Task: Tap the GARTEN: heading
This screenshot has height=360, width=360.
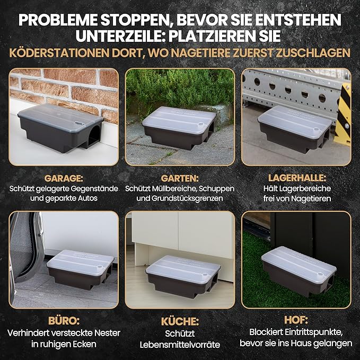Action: point(180,179)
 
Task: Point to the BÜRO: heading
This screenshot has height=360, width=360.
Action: point(63,321)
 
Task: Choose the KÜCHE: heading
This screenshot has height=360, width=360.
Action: point(180,322)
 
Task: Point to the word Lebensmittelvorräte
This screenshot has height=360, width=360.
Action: point(180,345)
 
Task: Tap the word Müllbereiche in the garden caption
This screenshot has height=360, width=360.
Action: point(174,189)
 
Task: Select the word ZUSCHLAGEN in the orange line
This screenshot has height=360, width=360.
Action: point(317,53)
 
